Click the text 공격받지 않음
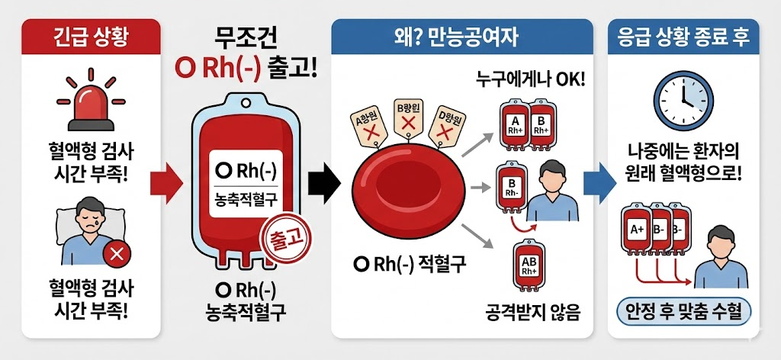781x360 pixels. [x=532, y=313]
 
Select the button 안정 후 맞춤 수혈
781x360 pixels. [x=683, y=311]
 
